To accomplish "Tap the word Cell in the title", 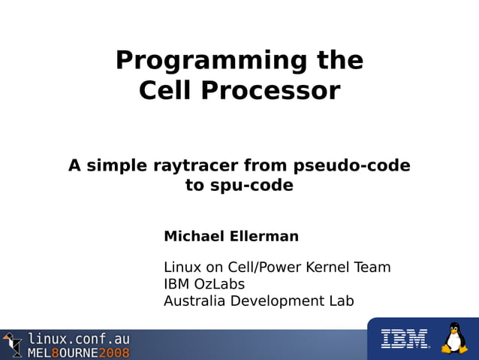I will coord(164,91).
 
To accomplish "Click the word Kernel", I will coord(323,267).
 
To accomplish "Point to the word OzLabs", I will coord(220,284).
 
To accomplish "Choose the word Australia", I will coord(194,301).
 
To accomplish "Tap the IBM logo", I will coord(404,339).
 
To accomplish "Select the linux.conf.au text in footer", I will coord(79,339).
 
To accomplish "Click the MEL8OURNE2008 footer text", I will coord(79,352).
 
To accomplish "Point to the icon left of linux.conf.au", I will coord(13,345).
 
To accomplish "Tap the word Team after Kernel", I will coord(372,267).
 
